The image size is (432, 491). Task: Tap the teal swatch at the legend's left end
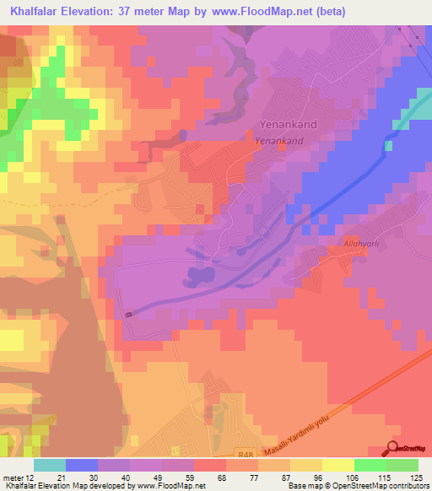tap(50, 466)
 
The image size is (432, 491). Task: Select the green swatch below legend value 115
tap(370, 466)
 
